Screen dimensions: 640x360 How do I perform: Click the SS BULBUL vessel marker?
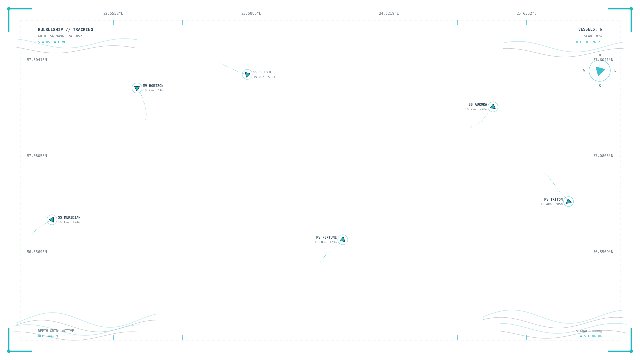[x=247, y=74]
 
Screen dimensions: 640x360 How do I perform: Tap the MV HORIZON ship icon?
[x=137, y=88]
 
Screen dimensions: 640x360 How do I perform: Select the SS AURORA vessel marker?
[x=493, y=107]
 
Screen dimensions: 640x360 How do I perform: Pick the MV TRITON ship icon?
[x=569, y=202]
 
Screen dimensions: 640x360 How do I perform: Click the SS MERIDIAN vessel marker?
[x=52, y=220]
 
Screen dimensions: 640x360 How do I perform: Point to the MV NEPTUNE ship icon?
[x=343, y=240]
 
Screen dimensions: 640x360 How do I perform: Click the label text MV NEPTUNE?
[x=326, y=238]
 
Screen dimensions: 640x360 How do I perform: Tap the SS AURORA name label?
[x=478, y=105]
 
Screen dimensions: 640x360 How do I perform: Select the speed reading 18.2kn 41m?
[x=153, y=90]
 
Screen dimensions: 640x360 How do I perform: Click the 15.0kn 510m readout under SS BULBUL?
[x=264, y=77]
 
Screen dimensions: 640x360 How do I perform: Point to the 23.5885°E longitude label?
[x=251, y=14]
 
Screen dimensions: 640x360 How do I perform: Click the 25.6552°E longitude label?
[x=527, y=14]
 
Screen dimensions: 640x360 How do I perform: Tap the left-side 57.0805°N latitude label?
[x=37, y=156]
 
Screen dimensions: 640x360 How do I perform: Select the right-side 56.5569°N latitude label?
[x=603, y=252]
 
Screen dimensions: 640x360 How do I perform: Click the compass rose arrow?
[x=600, y=71]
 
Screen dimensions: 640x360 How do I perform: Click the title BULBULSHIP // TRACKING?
[x=65, y=30]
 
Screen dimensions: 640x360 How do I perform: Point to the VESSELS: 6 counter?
[x=590, y=29]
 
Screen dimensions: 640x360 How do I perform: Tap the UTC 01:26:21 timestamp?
[x=589, y=42]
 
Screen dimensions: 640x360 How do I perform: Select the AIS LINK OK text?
[x=591, y=336]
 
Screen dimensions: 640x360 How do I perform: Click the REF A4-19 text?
[x=48, y=336]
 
